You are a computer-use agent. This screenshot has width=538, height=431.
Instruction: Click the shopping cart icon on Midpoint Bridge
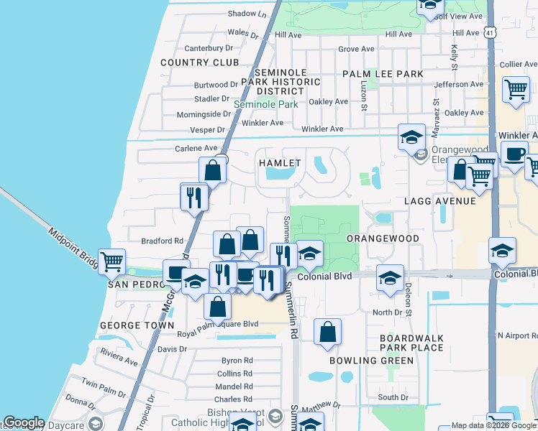coord(111,263)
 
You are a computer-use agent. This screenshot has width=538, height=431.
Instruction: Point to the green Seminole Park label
coord(265,104)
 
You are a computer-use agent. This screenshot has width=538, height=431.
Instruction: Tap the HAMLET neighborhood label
coord(279,163)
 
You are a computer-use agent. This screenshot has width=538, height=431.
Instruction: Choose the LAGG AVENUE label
coord(440,201)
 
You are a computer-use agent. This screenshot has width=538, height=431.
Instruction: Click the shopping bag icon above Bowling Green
coord(327,332)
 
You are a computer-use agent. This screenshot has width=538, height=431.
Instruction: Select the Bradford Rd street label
coord(163,241)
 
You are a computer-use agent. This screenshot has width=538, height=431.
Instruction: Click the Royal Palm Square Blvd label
coord(217,324)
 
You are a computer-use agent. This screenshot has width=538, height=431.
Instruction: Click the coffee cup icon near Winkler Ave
coord(514,154)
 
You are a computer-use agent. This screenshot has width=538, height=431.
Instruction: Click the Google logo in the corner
coord(23,422)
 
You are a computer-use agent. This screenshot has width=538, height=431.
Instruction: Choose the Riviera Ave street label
coord(119,357)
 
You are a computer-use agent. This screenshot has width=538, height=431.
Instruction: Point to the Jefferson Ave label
coord(459,84)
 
